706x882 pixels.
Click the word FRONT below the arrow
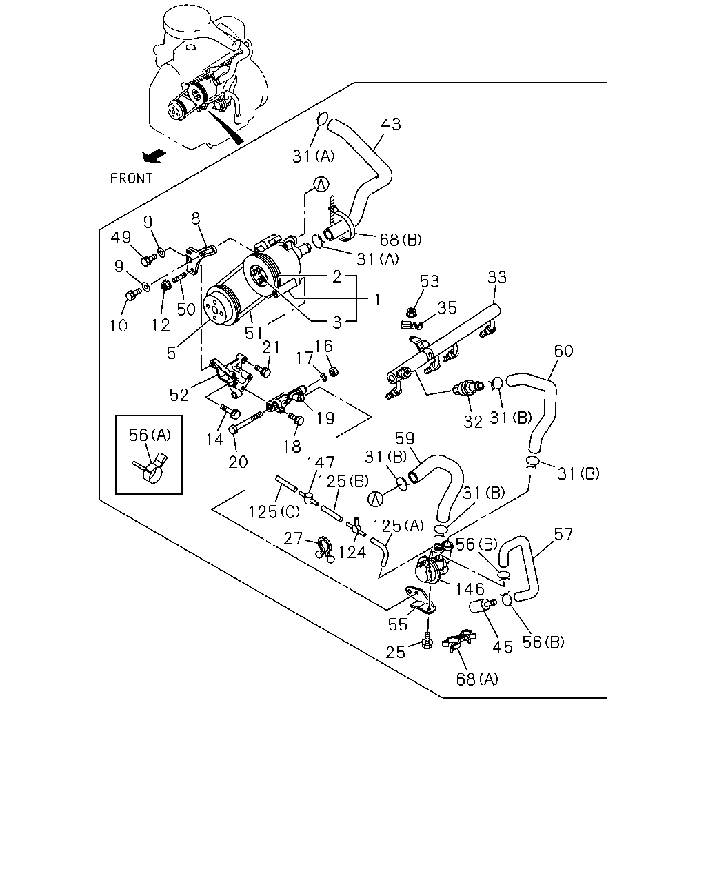131,178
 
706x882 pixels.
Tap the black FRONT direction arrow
154,156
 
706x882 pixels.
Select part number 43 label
390,124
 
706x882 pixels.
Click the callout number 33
497,278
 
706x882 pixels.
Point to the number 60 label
564,351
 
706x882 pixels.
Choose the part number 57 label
563,534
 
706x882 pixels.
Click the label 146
470,589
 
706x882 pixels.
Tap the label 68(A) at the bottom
477,679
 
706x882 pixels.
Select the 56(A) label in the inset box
150,435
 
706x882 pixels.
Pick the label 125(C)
274,511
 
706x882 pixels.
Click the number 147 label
321,463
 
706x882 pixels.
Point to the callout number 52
179,395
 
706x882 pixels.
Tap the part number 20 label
239,462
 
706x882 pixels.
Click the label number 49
121,237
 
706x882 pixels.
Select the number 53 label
430,281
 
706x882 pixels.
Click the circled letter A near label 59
375,499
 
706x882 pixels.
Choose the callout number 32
473,422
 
